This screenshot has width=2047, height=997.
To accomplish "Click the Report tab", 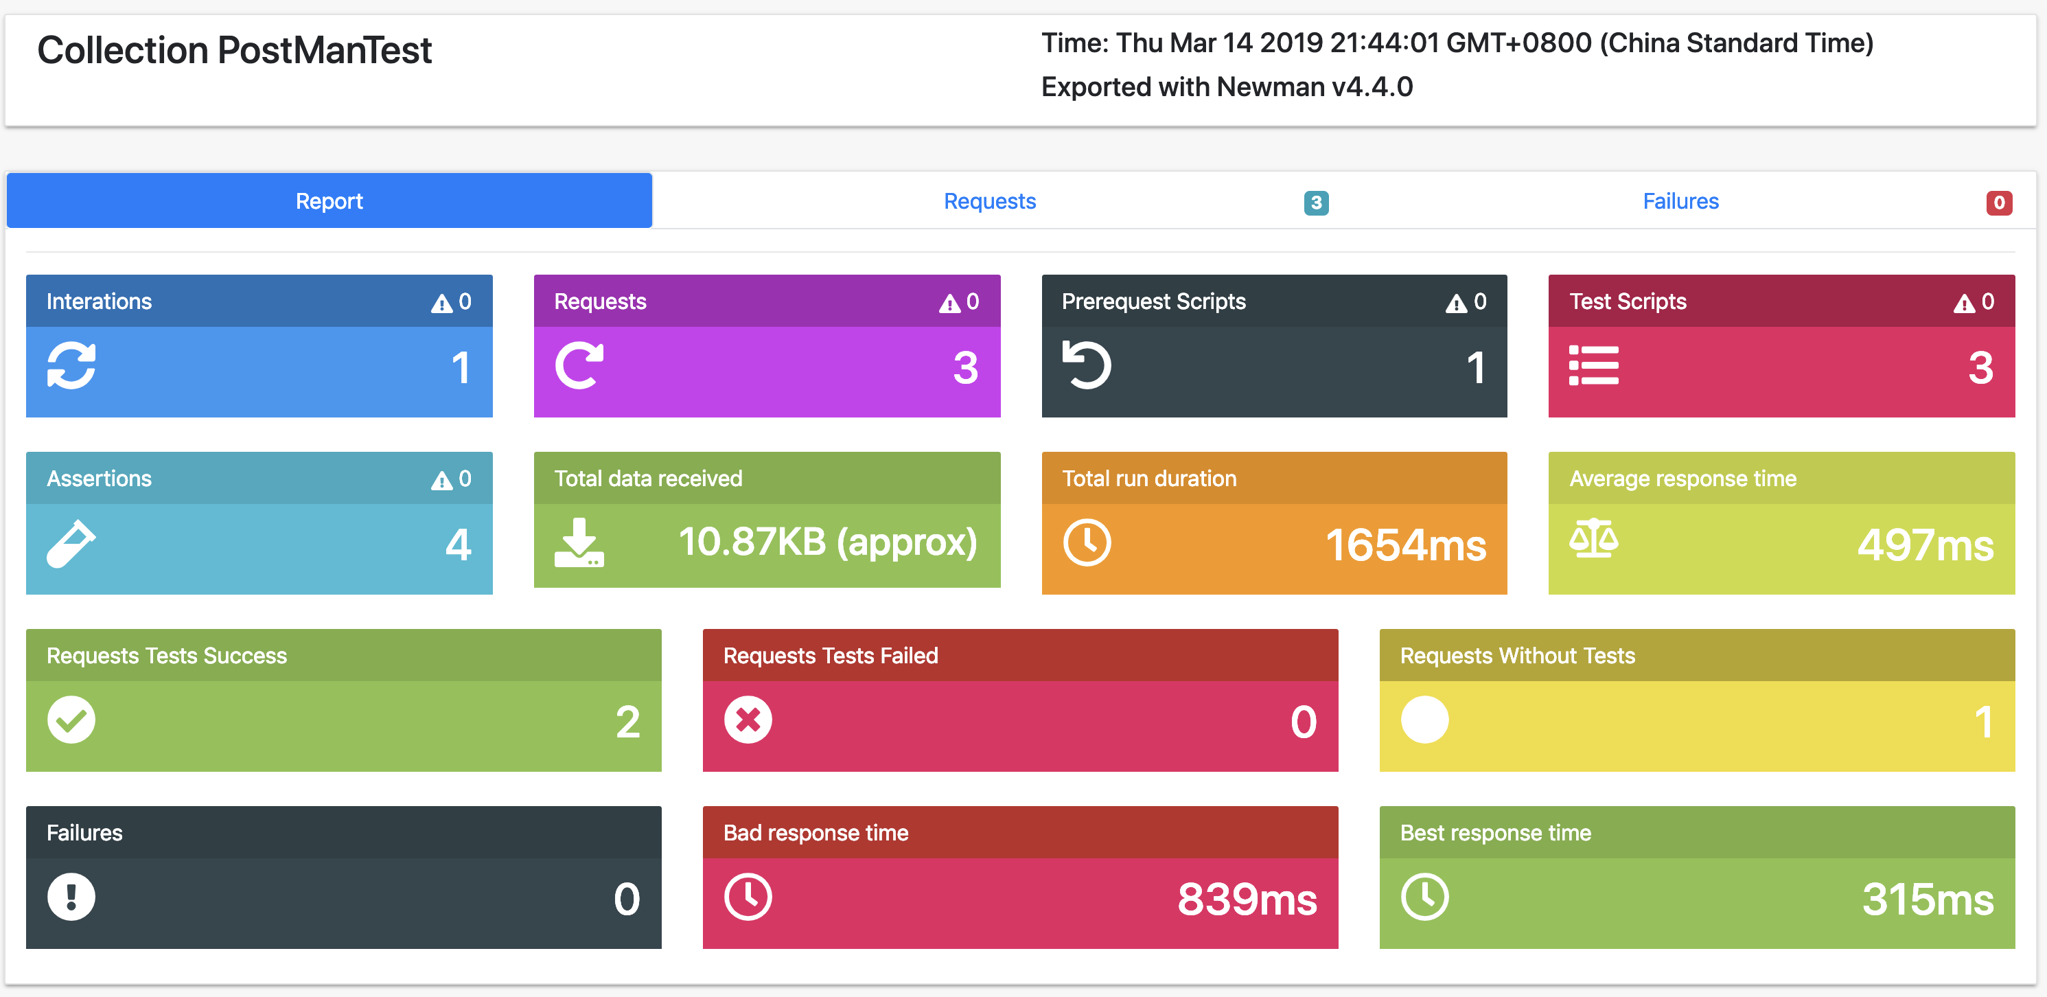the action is (x=329, y=201).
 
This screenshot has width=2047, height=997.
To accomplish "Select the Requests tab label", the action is (x=989, y=201).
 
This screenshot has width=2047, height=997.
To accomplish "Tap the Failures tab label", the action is (x=1680, y=201).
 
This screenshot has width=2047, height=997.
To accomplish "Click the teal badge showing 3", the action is (x=1316, y=203).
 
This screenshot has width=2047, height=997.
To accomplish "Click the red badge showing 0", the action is (x=1998, y=203).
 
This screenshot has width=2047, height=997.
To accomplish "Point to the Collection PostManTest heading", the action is (x=234, y=50).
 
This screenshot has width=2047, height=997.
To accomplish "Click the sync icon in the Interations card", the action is (x=71, y=366).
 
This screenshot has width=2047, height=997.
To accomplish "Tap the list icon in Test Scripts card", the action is (x=1593, y=366).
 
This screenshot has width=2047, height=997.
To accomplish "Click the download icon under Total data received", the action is (x=579, y=542).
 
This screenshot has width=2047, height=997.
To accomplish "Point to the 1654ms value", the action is (x=1405, y=545).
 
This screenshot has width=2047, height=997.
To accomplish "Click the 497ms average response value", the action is (x=1925, y=545).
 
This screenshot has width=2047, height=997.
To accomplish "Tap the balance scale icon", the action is (x=1593, y=538).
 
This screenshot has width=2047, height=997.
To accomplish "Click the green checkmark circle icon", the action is (x=71, y=720).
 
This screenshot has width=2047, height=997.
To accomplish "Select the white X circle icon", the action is (x=748, y=720).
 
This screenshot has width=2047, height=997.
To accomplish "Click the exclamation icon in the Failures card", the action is (x=71, y=897).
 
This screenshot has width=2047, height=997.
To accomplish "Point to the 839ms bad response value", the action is (x=1247, y=900).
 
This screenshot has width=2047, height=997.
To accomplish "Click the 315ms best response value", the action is (x=1928, y=900).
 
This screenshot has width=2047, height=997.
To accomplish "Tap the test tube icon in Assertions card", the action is (x=71, y=544).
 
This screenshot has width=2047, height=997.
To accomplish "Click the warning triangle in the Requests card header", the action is (x=949, y=303).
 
